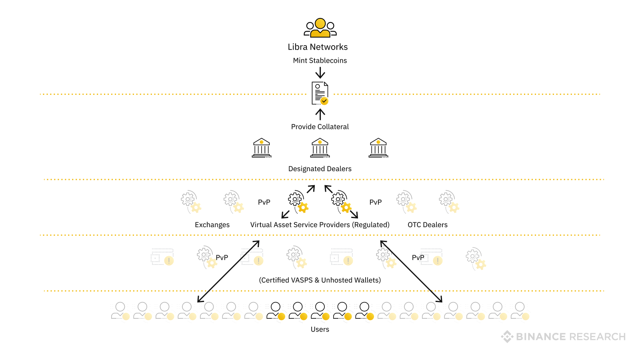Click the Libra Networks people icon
[x=320, y=28]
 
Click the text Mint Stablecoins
[x=320, y=60]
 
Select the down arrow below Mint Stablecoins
[x=320, y=72]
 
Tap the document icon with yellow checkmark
[x=320, y=93]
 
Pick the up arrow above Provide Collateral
[x=320, y=114]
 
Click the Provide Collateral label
[x=320, y=127]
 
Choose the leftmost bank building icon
[x=262, y=148]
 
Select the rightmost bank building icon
[x=378, y=148]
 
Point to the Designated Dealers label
[x=320, y=169]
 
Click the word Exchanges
[x=212, y=225]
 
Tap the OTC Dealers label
[x=427, y=225]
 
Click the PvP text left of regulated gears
[x=264, y=202]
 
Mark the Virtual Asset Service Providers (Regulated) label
[x=320, y=225]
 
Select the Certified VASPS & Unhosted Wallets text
[x=320, y=280]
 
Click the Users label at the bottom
[x=320, y=329]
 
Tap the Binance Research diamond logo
[x=507, y=336]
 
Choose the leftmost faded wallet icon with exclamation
[x=162, y=257]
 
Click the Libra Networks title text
[x=318, y=47]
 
